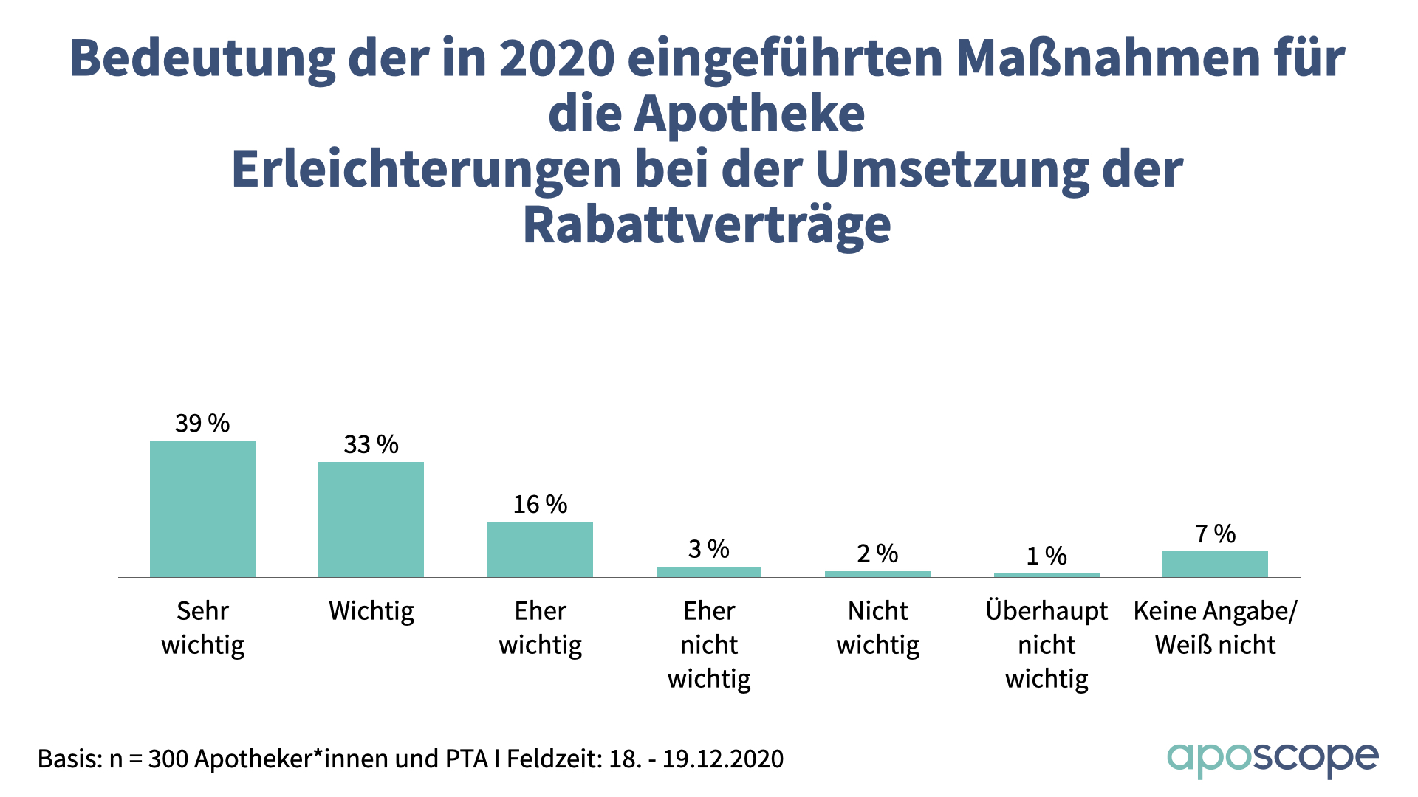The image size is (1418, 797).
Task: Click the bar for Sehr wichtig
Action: pyautogui.click(x=202, y=508)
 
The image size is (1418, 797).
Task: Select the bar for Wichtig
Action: pyautogui.click(x=371, y=520)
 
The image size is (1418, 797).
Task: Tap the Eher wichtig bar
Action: pyautogui.click(x=540, y=549)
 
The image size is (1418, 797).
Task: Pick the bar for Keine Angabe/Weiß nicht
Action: pyautogui.click(x=1215, y=564)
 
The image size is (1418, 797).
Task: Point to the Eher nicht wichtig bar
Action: pyautogui.click(x=709, y=572)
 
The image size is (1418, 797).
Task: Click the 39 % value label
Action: pyautogui.click(x=202, y=424)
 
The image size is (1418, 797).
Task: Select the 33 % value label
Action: pyautogui.click(x=371, y=445)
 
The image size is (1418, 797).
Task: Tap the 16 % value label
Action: pyautogui.click(x=540, y=505)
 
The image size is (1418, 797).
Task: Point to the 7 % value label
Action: pyautogui.click(x=1215, y=534)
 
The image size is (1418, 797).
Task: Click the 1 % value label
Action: pyautogui.click(x=1047, y=556)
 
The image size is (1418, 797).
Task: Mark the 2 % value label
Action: pyautogui.click(x=877, y=553)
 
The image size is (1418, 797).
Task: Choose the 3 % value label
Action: pyautogui.click(x=709, y=549)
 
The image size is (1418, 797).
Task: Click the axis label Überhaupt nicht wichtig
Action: pyautogui.click(x=1047, y=644)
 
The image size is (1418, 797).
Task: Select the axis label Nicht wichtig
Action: pyautogui.click(x=877, y=628)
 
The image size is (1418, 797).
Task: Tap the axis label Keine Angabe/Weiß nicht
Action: pyautogui.click(x=1215, y=628)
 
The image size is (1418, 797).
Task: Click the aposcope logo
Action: pyautogui.click(x=1273, y=759)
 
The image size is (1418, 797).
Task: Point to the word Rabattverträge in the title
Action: pyautogui.click(x=707, y=224)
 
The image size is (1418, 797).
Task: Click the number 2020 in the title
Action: pyautogui.click(x=557, y=58)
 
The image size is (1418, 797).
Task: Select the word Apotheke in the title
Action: pyautogui.click(x=749, y=114)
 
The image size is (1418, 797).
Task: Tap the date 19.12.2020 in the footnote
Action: pyautogui.click(x=722, y=759)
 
